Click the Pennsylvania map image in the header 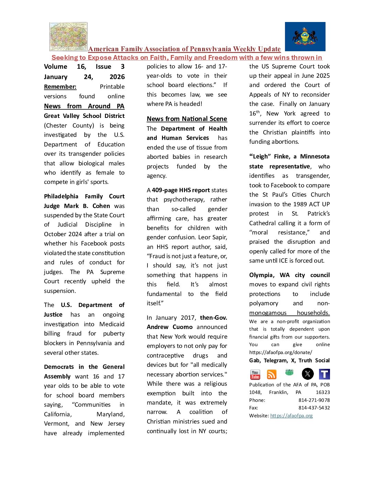pyautogui.click(x=68, y=36)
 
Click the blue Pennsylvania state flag pyautogui.click(x=305, y=36)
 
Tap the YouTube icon pyautogui.click(x=255, y=374)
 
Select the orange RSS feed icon pyautogui.click(x=272, y=374)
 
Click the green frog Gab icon pyautogui.click(x=289, y=372)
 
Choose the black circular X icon pyautogui.click(x=307, y=374)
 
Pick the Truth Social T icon pyautogui.click(x=324, y=374)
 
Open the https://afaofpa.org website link pyautogui.click(x=291, y=416)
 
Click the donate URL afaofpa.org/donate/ pyautogui.click(x=280, y=352)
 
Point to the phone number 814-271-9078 pyautogui.click(x=314, y=400)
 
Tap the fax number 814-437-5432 pyautogui.click(x=314, y=408)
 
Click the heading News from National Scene pyautogui.click(x=187, y=119)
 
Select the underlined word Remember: pyautogui.click(x=60, y=87)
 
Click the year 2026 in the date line pyautogui.click(x=117, y=77)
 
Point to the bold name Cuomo pyautogui.click(x=183, y=327)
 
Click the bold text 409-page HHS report pyautogui.click(x=181, y=190)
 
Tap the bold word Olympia pyautogui.click(x=262, y=275)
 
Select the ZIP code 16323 pyautogui.click(x=323, y=392)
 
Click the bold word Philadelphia pyautogui.click(x=61, y=196)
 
